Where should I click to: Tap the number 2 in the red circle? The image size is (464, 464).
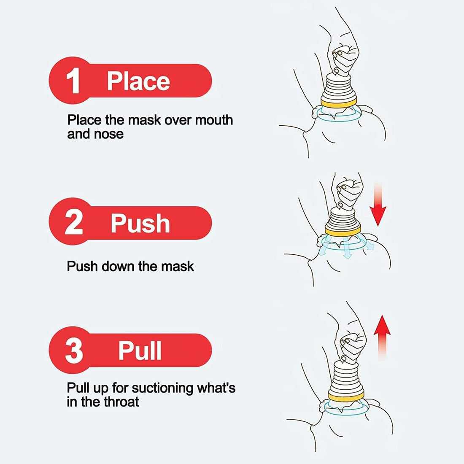(x=74, y=223)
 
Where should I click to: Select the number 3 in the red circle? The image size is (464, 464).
(x=74, y=351)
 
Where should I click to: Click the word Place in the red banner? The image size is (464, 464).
(x=138, y=81)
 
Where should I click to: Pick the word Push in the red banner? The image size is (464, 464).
(x=140, y=223)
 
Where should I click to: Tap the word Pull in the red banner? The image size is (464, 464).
(x=140, y=350)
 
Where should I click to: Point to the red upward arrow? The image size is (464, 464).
(x=382, y=336)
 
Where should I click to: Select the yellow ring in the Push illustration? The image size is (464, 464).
(x=343, y=229)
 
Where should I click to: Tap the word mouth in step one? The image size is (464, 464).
(x=213, y=120)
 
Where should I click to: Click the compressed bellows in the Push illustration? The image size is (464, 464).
(x=343, y=218)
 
